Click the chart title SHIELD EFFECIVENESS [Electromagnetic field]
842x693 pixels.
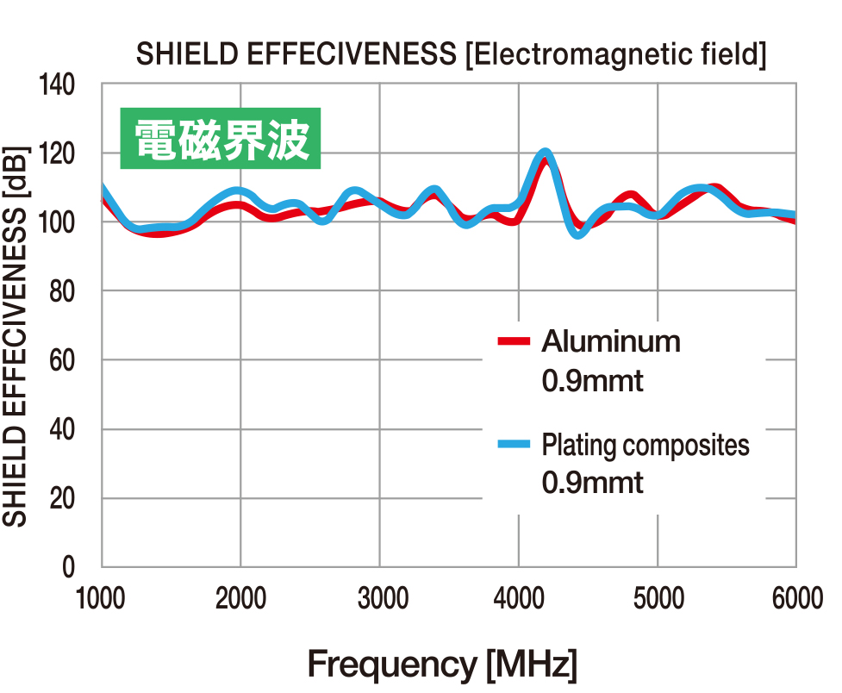click(451, 55)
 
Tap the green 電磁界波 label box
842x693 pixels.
click(221, 138)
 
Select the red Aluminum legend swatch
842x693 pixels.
click(515, 342)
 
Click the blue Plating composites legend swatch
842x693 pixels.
click(515, 445)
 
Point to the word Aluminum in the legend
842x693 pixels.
click(611, 342)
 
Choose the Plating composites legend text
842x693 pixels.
click(646, 446)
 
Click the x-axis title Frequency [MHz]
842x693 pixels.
click(441, 665)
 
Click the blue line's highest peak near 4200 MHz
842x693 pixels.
click(545, 153)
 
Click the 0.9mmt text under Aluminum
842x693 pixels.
click(592, 380)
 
